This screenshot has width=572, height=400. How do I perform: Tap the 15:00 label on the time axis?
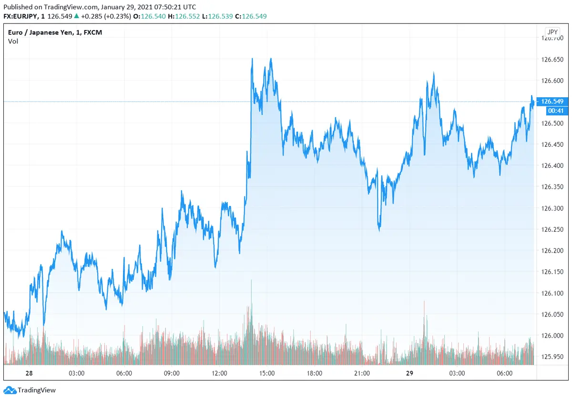tap(267, 373)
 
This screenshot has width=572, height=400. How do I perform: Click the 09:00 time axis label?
tap(172, 373)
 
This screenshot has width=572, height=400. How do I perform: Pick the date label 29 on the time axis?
tap(409, 373)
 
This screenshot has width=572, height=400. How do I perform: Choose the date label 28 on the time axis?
tap(29, 373)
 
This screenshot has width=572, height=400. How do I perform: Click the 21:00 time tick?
tap(362, 373)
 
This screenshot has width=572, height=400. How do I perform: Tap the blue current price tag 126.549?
tap(552, 102)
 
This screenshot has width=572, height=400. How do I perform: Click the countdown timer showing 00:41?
tap(552, 111)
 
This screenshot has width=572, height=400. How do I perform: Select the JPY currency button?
tap(552, 32)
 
